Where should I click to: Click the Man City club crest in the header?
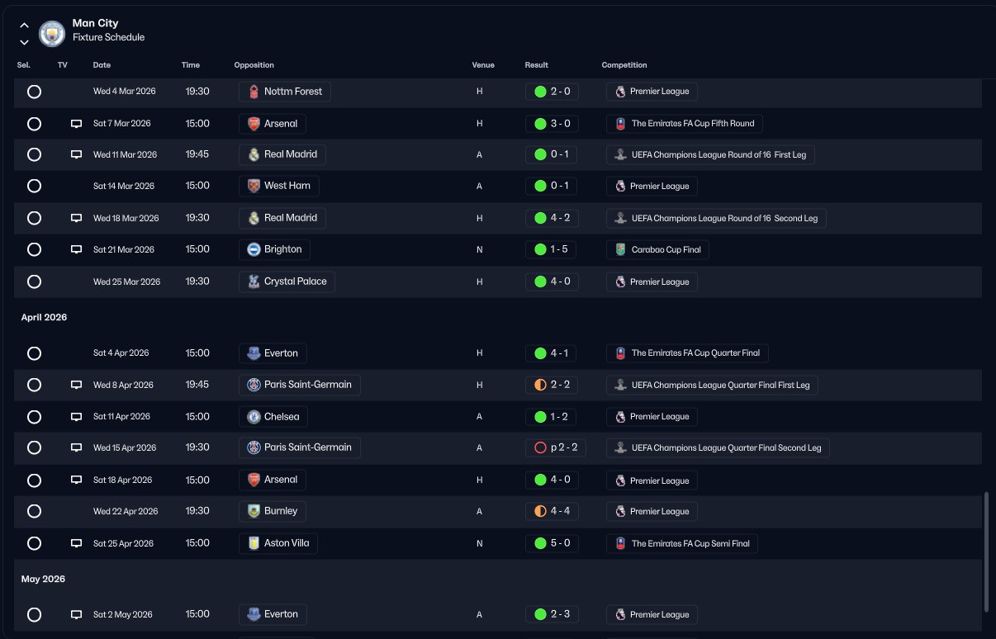point(52,33)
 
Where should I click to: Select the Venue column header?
point(483,65)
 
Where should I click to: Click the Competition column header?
point(624,65)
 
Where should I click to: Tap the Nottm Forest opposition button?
point(285,92)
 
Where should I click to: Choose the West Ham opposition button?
point(279,186)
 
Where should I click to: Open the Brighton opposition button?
point(275,249)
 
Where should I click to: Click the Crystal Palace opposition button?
point(287,282)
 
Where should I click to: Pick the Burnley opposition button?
point(273,511)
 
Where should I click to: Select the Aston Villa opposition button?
point(278,543)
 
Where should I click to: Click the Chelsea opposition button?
point(274,416)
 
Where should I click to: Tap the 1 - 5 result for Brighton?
point(552,249)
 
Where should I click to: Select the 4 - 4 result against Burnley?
point(552,511)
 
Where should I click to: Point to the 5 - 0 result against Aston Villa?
point(552,543)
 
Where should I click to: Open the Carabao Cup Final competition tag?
point(658,249)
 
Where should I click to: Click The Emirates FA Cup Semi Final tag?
point(682,543)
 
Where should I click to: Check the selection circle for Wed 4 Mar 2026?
point(34,92)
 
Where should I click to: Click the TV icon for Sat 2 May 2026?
point(77,614)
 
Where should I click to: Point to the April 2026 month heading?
point(44,317)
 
